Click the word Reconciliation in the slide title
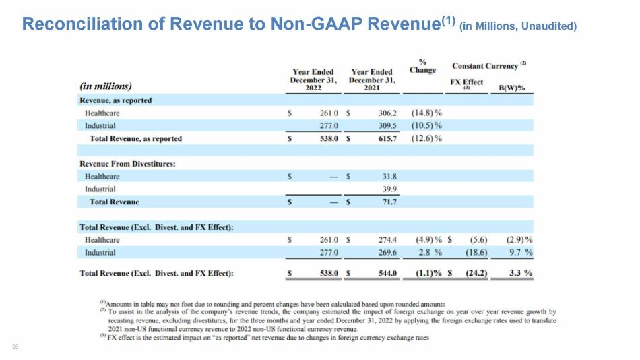tap(82, 24)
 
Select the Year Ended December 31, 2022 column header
tap(313, 80)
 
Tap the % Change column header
tap(422, 66)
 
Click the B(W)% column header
tap(512, 88)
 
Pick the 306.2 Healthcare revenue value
tap(387, 113)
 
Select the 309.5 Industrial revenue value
tap(387, 125)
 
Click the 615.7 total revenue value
tap(387, 138)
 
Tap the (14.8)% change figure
tap(426, 113)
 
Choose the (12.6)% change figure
tap(426, 138)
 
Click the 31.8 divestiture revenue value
tap(389, 176)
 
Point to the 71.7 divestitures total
tap(389, 202)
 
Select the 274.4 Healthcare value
tap(387, 239)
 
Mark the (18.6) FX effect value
tap(476, 252)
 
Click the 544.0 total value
tap(387, 273)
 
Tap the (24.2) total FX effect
tap(476, 273)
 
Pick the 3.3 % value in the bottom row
tap(521, 273)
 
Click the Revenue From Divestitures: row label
tap(127, 163)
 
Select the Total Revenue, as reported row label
tap(135, 138)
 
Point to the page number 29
tap(15, 347)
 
